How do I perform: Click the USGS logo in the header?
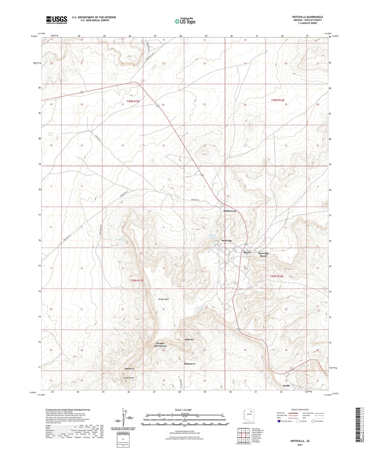(x=57, y=20)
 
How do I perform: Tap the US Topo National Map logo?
(x=185, y=21)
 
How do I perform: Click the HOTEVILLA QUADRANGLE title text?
(x=306, y=17)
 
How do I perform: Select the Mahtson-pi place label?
(x=229, y=211)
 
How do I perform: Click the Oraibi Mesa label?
(x=163, y=299)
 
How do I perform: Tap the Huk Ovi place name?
(x=189, y=339)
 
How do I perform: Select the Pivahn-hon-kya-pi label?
(x=160, y=345)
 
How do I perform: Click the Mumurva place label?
(x=189, y=364)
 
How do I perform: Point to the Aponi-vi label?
(x=129, y=369)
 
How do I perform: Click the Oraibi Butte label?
(x=128, y=378)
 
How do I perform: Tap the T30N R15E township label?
(x=133, y=101)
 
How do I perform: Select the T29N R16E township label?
(x=276, y=276)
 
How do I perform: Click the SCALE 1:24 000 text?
(x=183, y=410)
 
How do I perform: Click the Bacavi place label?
(x=247, y=252)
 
